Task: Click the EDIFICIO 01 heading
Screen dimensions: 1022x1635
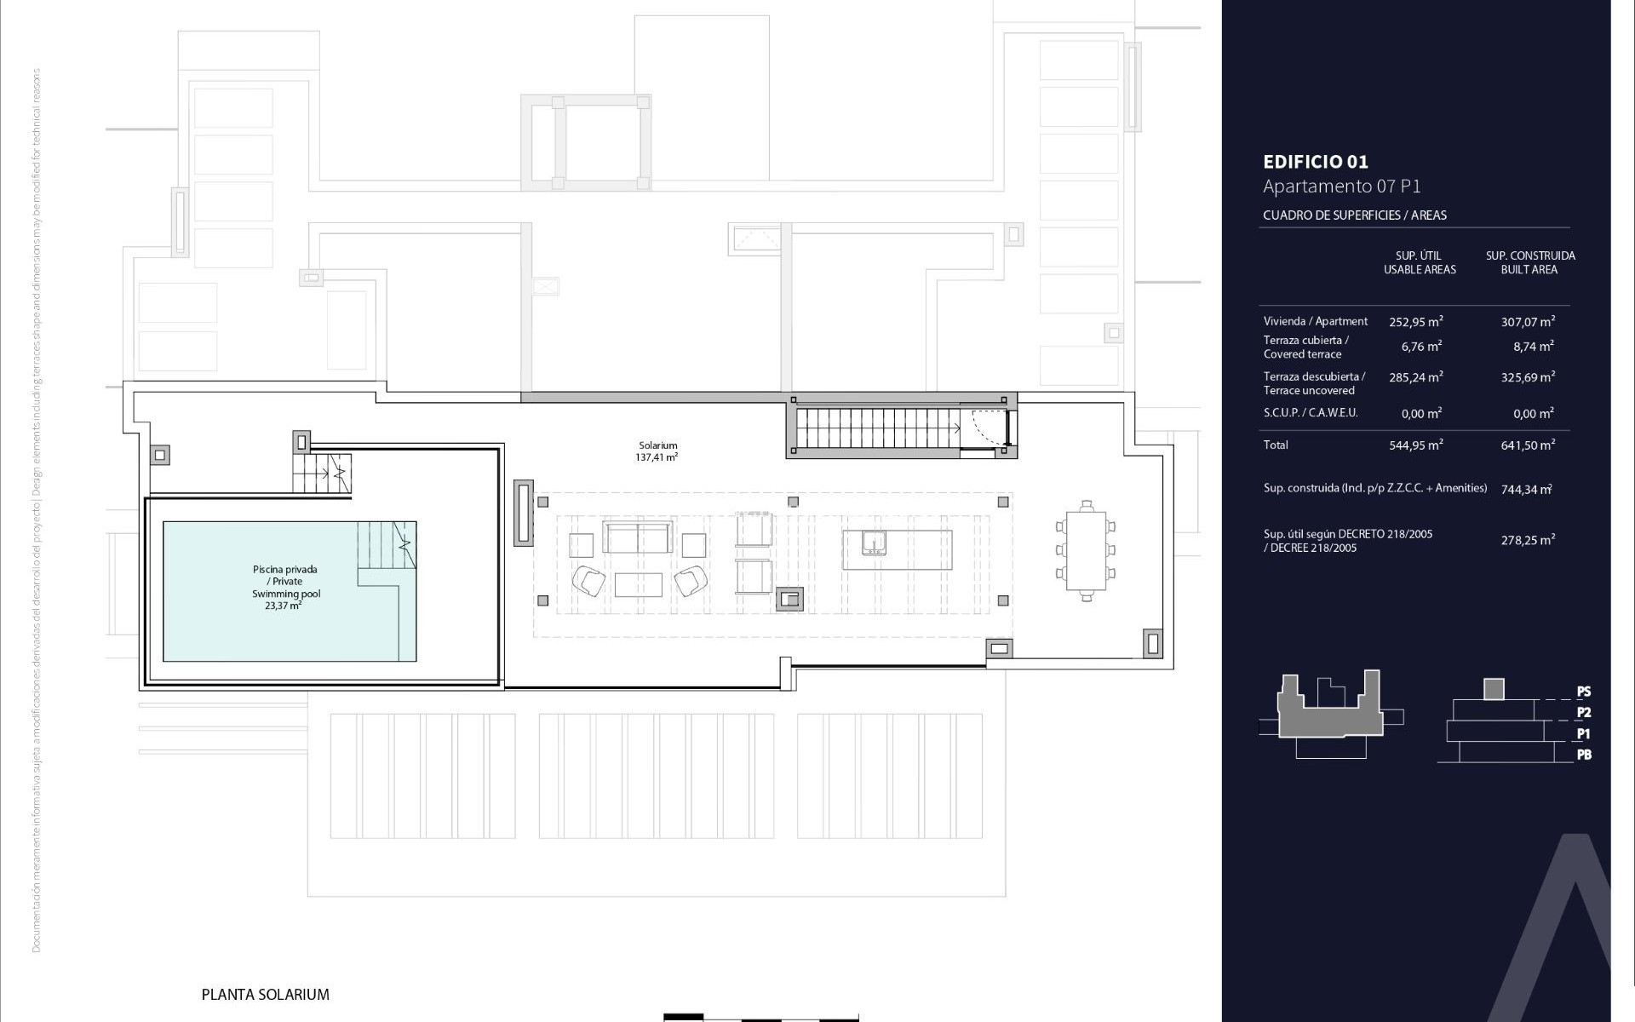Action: point(1315,162)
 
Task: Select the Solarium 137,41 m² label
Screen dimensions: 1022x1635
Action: point(658,451)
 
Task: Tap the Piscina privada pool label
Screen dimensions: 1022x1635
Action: point(285,587)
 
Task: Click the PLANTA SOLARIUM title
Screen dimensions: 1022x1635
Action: point(265,994)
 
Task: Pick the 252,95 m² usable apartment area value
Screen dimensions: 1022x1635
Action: point(1415,322)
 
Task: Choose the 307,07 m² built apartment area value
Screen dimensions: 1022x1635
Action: point(1528,322)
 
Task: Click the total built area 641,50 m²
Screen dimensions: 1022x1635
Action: point(1528,445)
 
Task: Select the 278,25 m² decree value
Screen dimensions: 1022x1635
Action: point(1528,540)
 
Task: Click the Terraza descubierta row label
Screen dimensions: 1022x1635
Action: point(1314,383)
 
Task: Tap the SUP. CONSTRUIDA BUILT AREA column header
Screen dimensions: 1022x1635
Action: point(1529,262)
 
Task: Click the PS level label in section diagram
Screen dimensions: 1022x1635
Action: point(1584,692)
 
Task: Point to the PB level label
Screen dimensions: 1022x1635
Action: point(1584,755)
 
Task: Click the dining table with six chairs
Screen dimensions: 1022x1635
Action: point(1086,550)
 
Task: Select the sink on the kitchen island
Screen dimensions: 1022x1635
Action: point(874,543)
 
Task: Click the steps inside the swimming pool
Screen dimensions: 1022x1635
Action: point(386,545)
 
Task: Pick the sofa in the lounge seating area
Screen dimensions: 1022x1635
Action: point(637,538)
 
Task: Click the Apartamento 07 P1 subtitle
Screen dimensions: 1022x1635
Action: point(1341,187)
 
